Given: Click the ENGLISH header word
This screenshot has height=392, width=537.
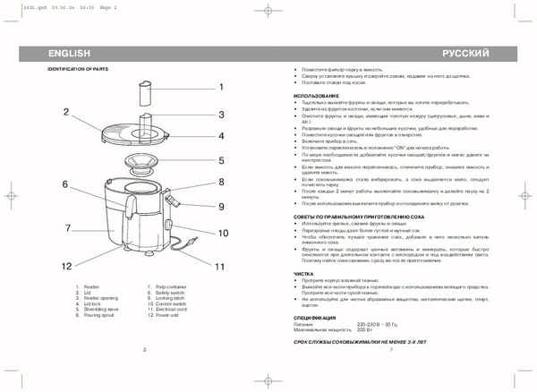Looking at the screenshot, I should click(x=69, y=55).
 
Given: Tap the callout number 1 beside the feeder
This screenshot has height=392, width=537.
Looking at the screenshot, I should click(x=220, y=87).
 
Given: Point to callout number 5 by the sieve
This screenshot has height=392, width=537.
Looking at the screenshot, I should click(x=221, y=161).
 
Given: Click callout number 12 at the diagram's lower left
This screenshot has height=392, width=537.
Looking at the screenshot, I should click(x=65, y=266).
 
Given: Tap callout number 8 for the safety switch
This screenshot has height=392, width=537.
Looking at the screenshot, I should click(x=221, y=182).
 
